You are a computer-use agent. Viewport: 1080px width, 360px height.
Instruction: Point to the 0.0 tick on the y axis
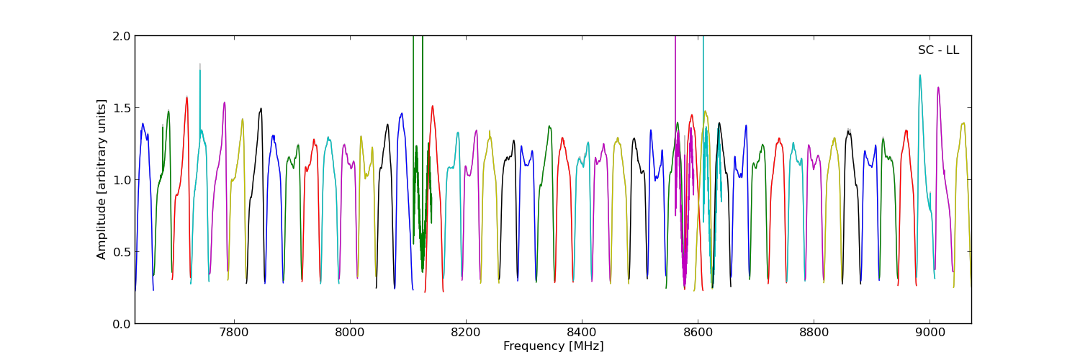coord(121,324)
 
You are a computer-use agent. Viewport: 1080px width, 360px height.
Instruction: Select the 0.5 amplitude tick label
coord(121,252)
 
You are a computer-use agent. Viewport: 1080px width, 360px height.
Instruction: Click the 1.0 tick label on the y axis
coord(121,180)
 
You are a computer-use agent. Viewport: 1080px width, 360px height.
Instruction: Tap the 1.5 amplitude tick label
coord(121,108)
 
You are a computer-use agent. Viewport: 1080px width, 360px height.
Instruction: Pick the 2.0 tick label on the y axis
coord(121,36)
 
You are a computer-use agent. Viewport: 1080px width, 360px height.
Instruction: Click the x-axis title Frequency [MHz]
coord(553,346)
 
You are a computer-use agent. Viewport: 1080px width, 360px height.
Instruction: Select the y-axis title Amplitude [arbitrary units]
coord(102,179)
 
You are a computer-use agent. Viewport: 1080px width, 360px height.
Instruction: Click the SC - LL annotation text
coord(938,50)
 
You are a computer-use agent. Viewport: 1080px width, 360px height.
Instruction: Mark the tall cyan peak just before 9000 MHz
coord(919,75)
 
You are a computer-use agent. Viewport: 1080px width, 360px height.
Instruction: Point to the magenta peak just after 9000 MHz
coord(938,88)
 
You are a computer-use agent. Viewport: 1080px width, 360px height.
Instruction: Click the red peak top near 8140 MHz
coord(433,107)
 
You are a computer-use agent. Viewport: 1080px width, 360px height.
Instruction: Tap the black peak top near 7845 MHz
coord(261,109)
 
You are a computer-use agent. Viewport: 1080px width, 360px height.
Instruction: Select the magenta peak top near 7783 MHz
coord(225,102)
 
